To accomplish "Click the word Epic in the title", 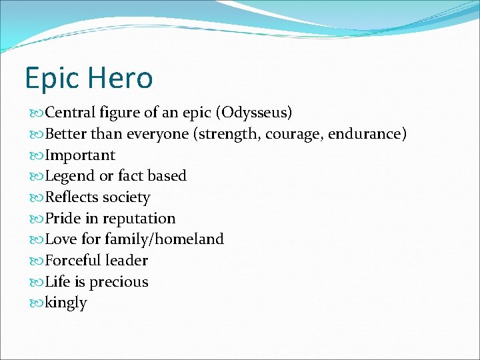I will point(51,79).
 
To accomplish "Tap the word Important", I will point(80,155).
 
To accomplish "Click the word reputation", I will point(139,219).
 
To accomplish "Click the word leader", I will point(129,261).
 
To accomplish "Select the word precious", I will point(119,282).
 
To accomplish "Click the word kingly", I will point(66,303).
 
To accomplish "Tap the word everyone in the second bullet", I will point(158,134).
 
